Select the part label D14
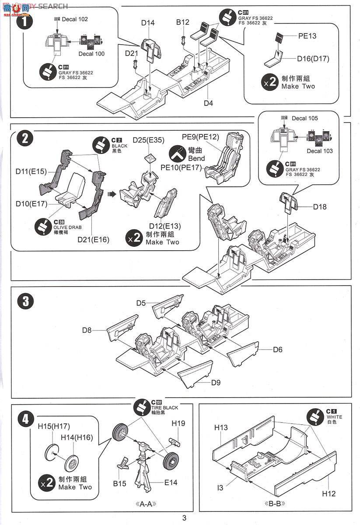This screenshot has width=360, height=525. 148,23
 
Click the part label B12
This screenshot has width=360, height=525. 183,22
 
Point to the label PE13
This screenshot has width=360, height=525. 307,36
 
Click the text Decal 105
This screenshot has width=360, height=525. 305,118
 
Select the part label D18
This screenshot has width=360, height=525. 320,206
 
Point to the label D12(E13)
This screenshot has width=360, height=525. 164,226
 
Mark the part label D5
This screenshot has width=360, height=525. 141,303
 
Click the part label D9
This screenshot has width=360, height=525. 216,382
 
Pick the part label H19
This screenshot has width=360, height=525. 178,423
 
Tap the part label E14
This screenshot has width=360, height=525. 171,483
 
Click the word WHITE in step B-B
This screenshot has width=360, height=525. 334,417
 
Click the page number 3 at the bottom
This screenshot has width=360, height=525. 184,518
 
